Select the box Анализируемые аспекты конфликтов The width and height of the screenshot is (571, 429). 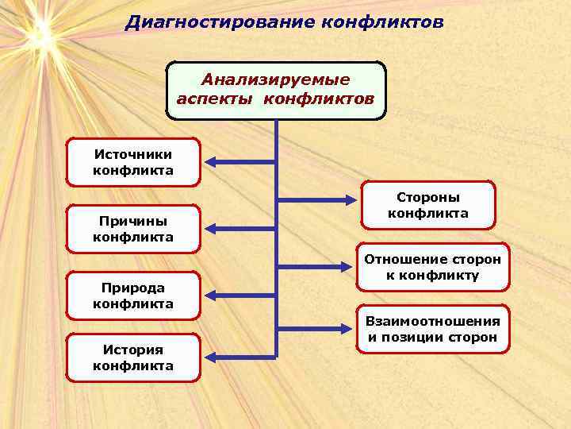click(275, 91)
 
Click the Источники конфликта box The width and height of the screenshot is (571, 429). click(133, 163)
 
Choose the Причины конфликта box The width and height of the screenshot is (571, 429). click(133, 229)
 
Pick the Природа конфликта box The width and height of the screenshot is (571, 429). click(133, 296)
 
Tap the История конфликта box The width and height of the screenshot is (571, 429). click(133, 357)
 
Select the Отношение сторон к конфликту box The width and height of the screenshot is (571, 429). click(432, 267)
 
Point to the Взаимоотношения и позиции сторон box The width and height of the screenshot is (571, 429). click(432, 329)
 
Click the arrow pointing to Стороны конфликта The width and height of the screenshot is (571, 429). click(317, 198)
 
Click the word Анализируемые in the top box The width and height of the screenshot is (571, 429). click(275, 80)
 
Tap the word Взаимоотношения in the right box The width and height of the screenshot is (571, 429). click(432, 321)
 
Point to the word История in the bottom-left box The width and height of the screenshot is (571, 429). click(133, 349)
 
